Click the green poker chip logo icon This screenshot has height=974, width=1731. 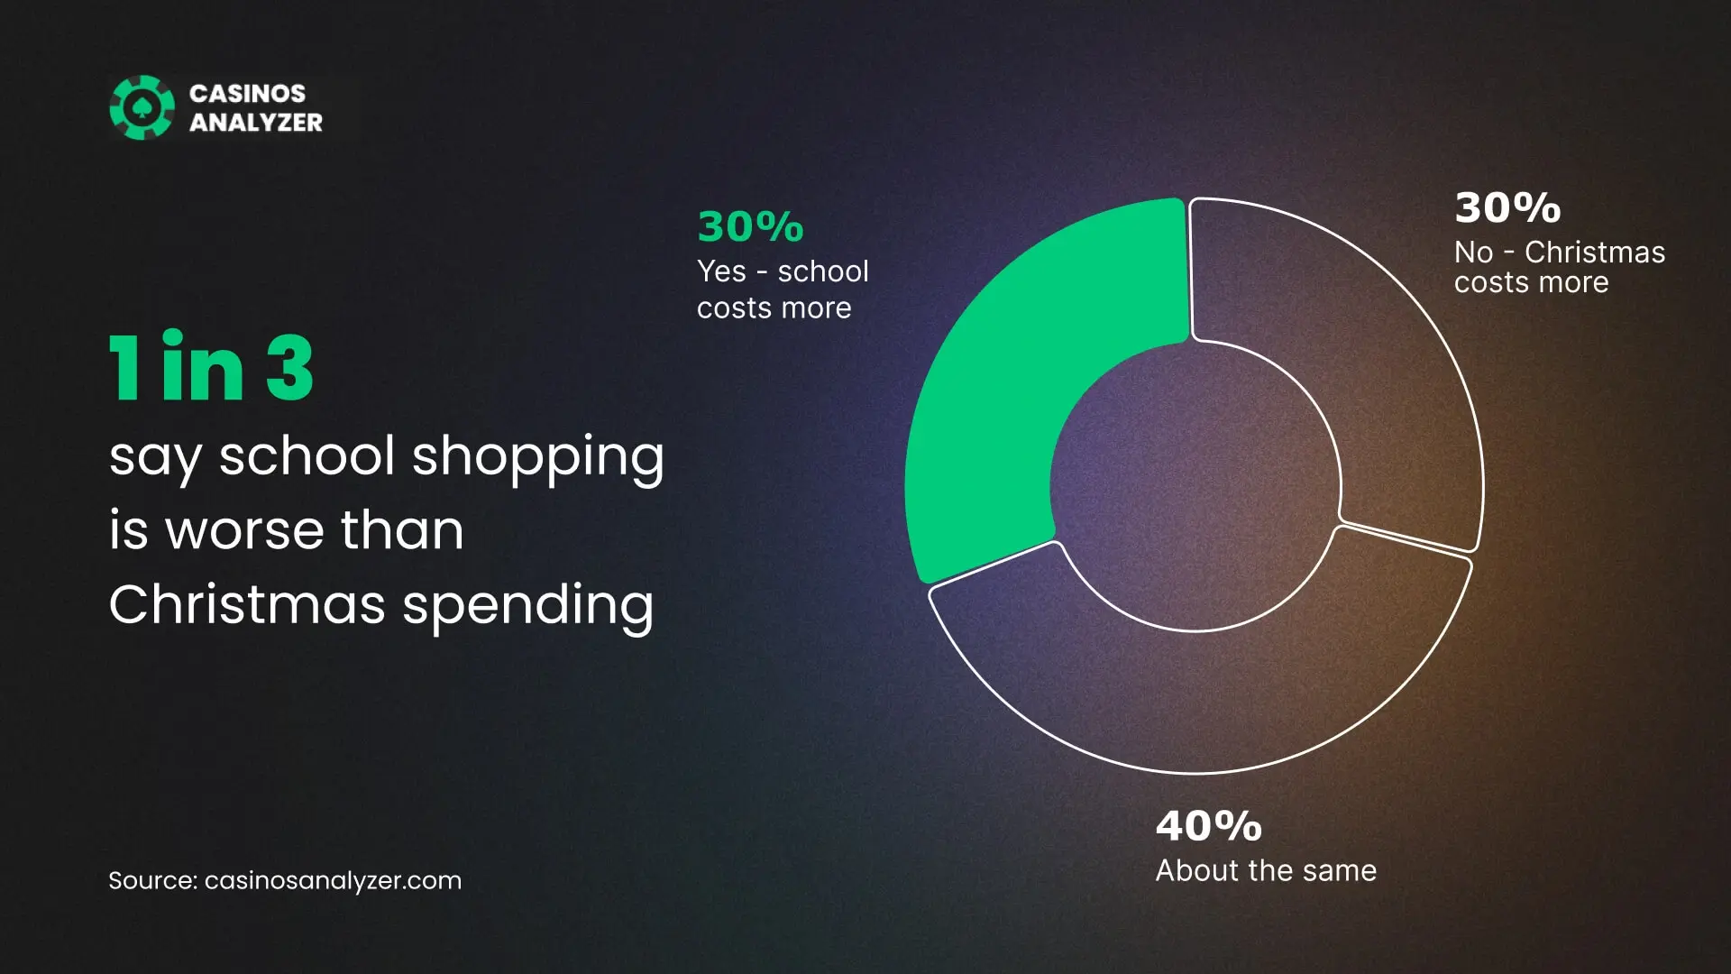click(142, 107)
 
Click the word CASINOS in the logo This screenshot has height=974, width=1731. click(247, 94)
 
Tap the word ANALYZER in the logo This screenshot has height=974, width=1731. click(256, 123)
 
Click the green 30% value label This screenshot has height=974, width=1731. click(750, 226)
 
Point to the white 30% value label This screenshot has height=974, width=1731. click(1507, 207)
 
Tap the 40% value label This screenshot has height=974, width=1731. click(1209, 826)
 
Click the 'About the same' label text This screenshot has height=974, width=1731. click(1266, 871)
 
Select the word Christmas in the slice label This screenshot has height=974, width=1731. click(1595, 253)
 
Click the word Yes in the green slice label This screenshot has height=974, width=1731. click(721, 271)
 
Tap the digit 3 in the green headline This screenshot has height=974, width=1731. click(289, 367)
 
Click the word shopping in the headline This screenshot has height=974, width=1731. click(538, 458)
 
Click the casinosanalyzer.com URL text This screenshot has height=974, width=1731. click(333, 881)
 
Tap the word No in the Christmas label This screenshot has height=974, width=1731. click(1473, 253)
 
